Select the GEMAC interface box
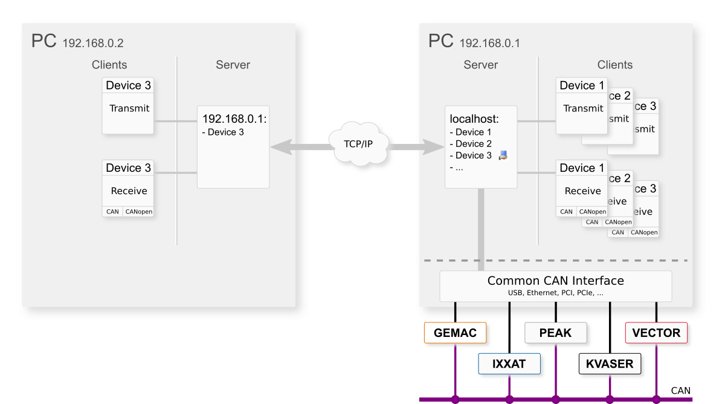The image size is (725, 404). tap(455, 333)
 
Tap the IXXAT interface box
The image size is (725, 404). tap(509, 364)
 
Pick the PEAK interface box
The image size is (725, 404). tap(555, 333)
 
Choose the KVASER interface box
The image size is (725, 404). tap(610, 364)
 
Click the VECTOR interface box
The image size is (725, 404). tap(656, 333)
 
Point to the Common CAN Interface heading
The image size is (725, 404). tap(555, 281)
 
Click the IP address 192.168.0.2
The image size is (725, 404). tap(92, 44)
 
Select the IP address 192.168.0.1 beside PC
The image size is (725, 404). tap(489, 44)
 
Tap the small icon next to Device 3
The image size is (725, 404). tap(503, 155)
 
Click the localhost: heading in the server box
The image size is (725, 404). tap(474, 119)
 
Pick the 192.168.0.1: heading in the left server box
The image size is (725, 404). tap(234, 119)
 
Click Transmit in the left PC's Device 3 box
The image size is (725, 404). tap(129, 109)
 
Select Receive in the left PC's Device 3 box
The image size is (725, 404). tap(129, 191)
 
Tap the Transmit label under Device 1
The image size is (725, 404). tap(583, 109)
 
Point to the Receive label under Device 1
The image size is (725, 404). tap(582, 191)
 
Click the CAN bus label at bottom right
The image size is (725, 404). tap(680, 391)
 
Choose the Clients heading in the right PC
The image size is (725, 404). tap(614, 65)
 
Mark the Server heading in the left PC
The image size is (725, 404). tap(233, 65)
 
